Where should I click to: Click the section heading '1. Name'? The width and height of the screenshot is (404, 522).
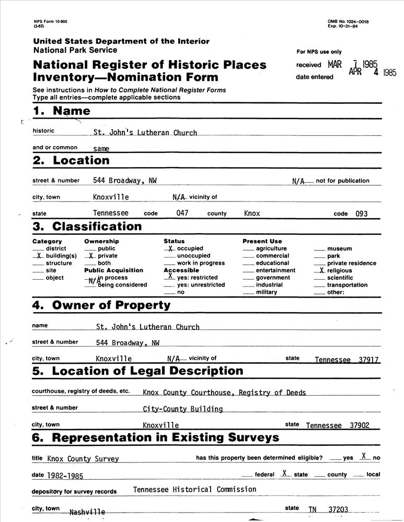coord(62,111)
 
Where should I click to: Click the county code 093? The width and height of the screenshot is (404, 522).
coord(361,213)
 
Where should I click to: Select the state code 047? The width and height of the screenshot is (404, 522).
coord(182,213)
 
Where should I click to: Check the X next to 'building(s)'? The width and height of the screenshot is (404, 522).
coord(39,256)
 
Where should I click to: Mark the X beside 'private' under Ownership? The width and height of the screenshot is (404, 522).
coord(91,256)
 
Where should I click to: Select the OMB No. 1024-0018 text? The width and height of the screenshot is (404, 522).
coord(348,21)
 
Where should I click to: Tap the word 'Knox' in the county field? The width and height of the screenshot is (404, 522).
coord(252,213)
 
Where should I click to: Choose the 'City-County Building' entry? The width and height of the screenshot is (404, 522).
coord(183,409)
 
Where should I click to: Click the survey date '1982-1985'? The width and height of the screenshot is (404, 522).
coord(65,476)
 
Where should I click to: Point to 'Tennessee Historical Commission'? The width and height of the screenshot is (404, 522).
coord(194,490)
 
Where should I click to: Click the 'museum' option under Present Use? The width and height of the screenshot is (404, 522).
coord(339,249)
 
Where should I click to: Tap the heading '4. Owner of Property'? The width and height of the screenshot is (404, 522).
coord(101,305)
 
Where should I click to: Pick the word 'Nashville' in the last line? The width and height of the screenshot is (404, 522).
coord(87,512)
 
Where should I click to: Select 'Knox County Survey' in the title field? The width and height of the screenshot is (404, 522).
coord(83,459)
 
